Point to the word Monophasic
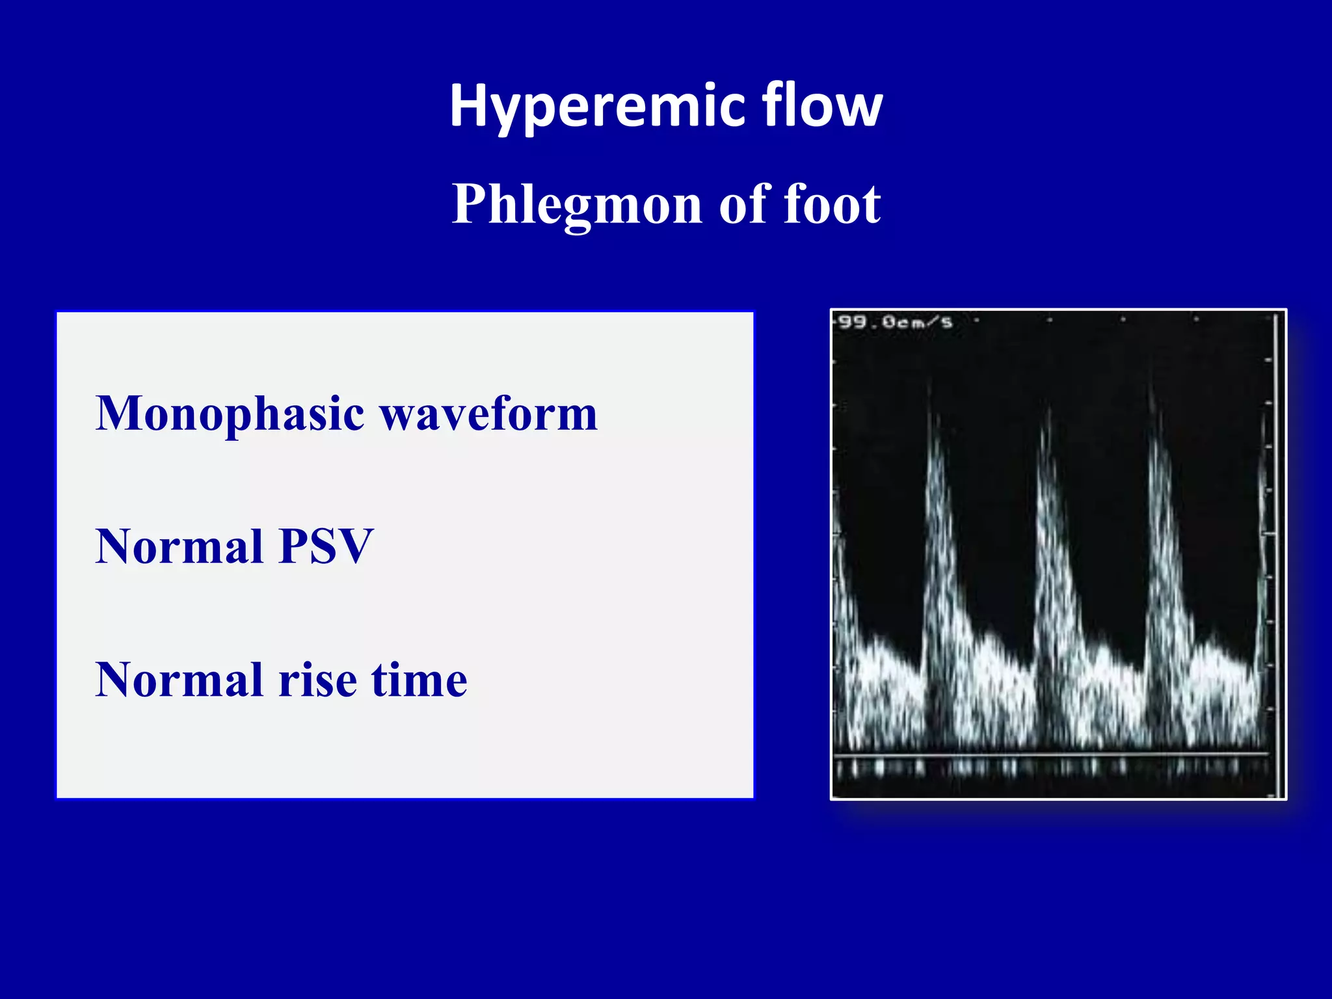click(x=230, y=415)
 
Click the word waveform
click(x=488, y=415)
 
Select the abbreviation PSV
click(x=326, y=547)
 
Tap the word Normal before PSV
click(x=179, y=547)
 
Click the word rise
click(x=318, y=680)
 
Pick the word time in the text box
click(x=419, y=680)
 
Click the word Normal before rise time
click(x=179, y=680)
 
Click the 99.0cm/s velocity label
click(x=895, y=322)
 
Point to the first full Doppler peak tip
click(x=931, y=390)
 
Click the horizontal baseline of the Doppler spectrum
click(x=1050, y=754)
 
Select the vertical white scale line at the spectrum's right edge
click(x=1277, y=553)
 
